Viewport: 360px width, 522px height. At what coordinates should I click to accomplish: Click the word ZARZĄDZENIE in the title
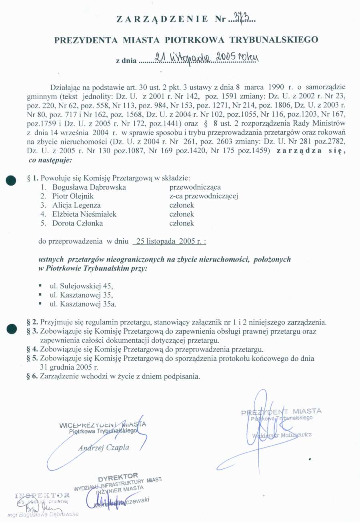162,19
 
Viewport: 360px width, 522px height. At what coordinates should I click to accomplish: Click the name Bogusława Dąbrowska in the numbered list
89,187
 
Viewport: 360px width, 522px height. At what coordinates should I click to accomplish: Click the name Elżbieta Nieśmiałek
84,214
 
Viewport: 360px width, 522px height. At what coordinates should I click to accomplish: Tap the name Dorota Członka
78,223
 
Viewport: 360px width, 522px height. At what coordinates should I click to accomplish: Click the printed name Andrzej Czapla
104,448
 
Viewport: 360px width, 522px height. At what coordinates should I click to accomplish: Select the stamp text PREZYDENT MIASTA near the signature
281,412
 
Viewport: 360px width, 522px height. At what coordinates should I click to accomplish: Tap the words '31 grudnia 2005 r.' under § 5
70,367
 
